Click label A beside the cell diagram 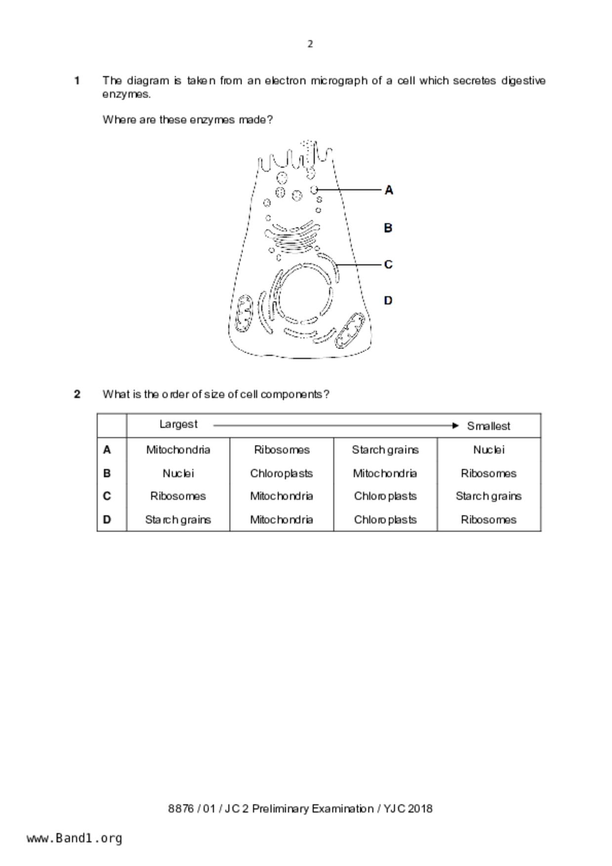tap(389, 190)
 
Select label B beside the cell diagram tap(388, 228)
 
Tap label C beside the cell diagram tap(388, 265)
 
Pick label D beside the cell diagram tap(388, 301)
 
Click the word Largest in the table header tap(178, 425)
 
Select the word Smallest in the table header tap(489, 426)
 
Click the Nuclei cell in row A tap(489, 450)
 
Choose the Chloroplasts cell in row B tap(282, 473)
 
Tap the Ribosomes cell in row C tap(178, 496)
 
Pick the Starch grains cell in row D tap(178, 520)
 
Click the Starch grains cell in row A tap(385, 450)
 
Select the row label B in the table tap(107, 473)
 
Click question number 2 tap(77, 394)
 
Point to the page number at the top tap(310, 44)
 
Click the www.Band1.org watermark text tap(74, 838)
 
